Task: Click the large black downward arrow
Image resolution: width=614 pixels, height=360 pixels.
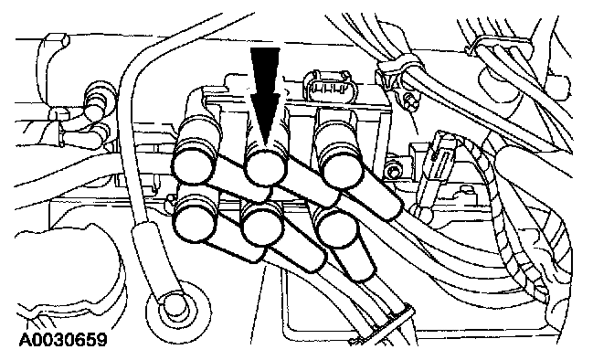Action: click(265, 94)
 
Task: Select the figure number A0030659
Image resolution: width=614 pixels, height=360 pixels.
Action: click(63, 339)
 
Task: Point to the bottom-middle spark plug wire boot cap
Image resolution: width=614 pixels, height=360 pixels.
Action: click(262, 226)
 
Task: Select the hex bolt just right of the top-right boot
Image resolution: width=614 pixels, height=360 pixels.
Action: click(393, 171)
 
